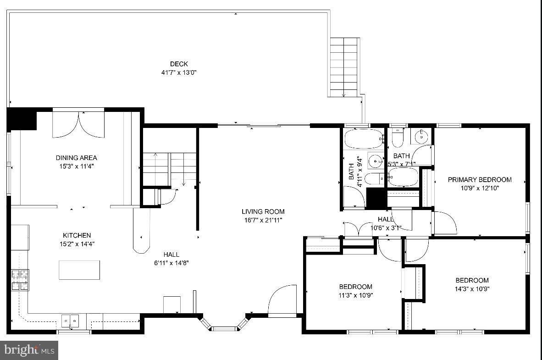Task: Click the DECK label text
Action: tap(179, 64)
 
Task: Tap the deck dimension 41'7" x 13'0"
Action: tap(179, 72)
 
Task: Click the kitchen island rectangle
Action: tap(79, 270)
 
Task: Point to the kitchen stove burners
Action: tap(20, 280)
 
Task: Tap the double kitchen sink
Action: tap(70, 319)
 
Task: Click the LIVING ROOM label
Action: tap(263, 211)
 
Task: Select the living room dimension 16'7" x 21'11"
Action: tap(263, 220)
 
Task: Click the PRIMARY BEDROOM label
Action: tap(480, 179)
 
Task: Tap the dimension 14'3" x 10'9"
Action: tap(472, 289)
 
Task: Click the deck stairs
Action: tap(344, 66)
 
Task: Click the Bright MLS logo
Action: tap(29, 351)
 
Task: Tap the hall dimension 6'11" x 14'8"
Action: tap(171, 263)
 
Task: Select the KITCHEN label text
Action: tap(77, 235)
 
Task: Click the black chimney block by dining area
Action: tap(22, 118)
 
